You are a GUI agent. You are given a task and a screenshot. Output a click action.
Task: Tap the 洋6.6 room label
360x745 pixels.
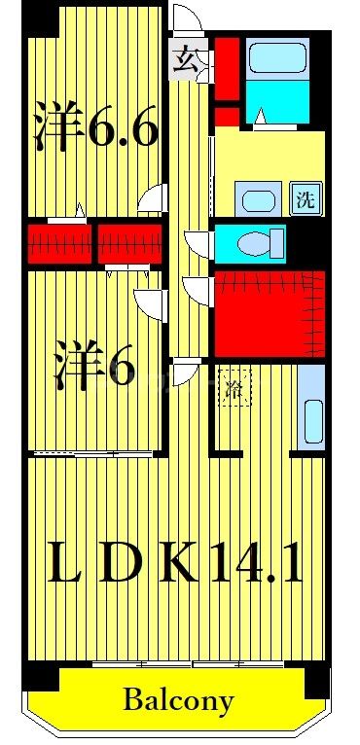95,127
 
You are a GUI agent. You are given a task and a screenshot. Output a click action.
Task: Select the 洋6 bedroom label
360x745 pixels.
93,368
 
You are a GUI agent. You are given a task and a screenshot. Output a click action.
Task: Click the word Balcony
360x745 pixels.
179,699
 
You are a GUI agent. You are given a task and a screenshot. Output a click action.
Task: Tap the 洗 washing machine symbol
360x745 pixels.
305,201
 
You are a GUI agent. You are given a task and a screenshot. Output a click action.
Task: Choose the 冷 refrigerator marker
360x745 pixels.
234,386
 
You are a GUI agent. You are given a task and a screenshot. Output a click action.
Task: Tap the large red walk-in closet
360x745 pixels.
268,313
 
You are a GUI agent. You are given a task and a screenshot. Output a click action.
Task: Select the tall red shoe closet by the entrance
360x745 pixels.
225,68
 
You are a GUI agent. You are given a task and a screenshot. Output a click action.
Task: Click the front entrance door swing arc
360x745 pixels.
187,22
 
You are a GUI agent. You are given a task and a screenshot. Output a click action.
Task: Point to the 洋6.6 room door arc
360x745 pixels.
152,199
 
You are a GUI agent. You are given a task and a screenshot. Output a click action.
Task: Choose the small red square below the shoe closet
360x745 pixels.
226,118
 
